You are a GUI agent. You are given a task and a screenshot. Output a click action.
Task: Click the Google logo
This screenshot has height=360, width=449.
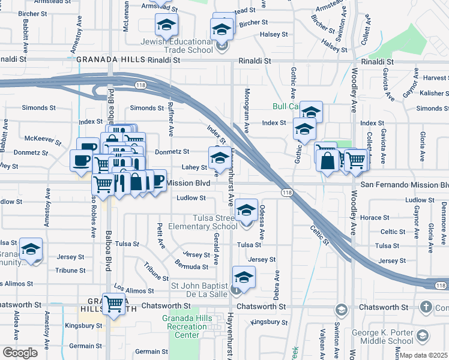(20, 352)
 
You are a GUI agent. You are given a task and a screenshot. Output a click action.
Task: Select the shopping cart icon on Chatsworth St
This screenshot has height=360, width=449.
(113, 304)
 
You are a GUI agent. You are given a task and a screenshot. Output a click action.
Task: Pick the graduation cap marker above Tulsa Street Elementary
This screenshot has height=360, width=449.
(246, 210)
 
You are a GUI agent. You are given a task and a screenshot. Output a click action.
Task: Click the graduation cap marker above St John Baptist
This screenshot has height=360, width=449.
(244, 277)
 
